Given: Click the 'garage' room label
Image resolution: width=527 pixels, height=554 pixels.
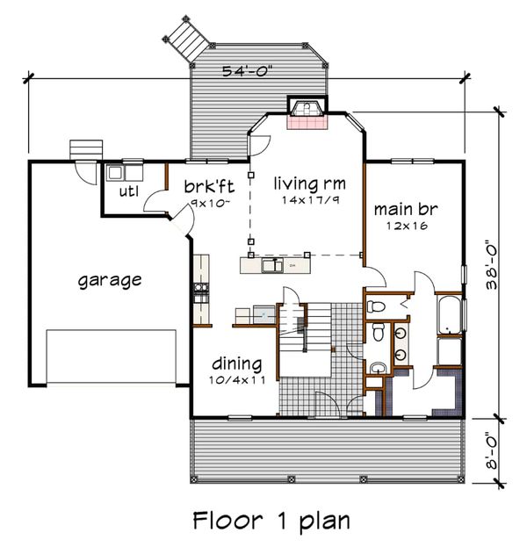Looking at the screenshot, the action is pyautogui.click(x=110, y=281).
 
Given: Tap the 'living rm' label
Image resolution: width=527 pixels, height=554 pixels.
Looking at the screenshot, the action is pyautogui.click(x=310, y=183).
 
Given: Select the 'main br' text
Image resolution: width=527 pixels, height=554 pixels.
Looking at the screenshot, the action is pyautogui.click(x=406, y=209).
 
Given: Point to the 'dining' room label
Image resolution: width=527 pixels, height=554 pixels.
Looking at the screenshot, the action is pyautogui.click(x=237, y=363).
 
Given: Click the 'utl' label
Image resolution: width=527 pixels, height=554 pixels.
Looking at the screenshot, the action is pyautogui.click(x=128, y=191).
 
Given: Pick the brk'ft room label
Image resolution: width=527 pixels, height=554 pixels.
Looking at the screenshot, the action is pyautogui.click(x=209, y=186).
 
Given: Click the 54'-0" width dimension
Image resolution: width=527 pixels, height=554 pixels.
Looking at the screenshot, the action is pyautogui.click(x=248, y=71).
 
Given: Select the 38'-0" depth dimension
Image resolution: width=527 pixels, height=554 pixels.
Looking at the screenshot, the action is pyautogui.click(x=491, y=265).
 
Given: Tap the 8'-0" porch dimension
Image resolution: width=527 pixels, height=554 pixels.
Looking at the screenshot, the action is pyautogui.click(x=491, y=450).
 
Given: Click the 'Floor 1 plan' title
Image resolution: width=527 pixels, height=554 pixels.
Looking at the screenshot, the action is pyautogui.click(x=271, y=521).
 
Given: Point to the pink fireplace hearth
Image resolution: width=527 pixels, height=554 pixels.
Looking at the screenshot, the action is pyautogui.click(x=307, y=123).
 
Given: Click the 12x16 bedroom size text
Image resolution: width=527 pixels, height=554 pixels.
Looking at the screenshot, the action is pyautogui.click(x=407, y=226).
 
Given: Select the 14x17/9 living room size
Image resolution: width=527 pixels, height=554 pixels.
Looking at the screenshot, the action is pyautogui.click(x=310, y=200).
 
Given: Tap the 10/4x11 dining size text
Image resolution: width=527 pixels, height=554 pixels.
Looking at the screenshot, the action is pyautogui.click(x=237, y=380).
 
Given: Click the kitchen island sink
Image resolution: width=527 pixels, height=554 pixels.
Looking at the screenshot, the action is pyautogui.click(x=272, y=265).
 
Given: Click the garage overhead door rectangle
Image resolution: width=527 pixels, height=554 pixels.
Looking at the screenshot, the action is pyautogui.click(x=112, y=356).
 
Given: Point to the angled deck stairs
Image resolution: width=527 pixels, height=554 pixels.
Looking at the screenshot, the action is pyautogui.click(x=188, y=40).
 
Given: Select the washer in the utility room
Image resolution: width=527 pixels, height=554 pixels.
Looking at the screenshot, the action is pyautogui.click(x=114, y=173).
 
